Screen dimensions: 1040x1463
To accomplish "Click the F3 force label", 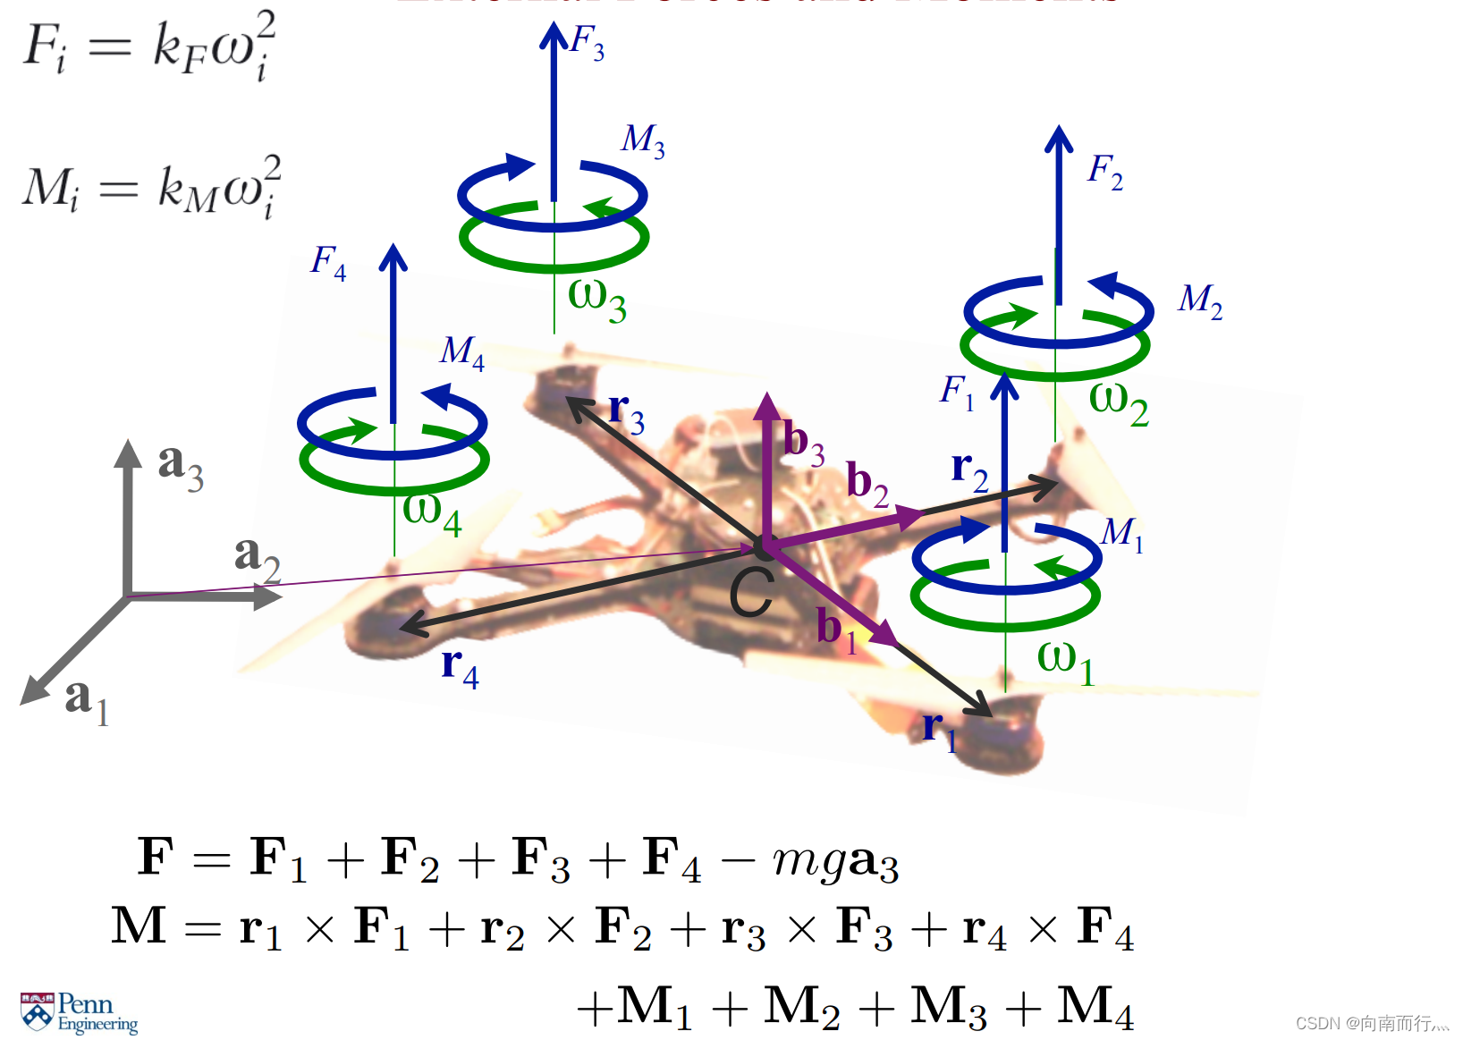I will [x=588, y=42].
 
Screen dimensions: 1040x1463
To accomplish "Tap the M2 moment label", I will [x=1200, y=301].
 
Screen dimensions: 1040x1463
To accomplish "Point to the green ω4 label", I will [x=432, y=513].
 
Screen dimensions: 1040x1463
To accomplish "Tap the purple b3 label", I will [x=804, y=444].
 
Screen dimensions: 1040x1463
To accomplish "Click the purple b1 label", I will [x=837, y=630].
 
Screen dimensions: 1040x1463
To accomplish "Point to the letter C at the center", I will [x=750, y=593].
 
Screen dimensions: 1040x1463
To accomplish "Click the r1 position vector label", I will [x=939, y=731].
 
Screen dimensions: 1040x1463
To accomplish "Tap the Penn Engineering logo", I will [x=79, y=1012].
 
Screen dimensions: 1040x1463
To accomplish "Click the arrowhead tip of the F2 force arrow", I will [x=1059, y=131].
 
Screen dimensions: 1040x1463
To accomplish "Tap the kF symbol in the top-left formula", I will [x=179, y=47].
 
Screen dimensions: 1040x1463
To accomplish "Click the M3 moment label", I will [x=643, y=140].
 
